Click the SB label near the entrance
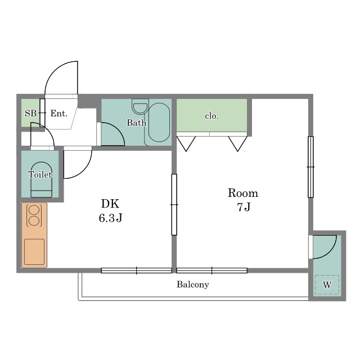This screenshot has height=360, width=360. pyautogui.click(x=30, y=113)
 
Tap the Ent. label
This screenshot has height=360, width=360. pyautogui.click(x=59, y=113)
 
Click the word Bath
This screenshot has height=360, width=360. pyautogui.click(x=136, y=123)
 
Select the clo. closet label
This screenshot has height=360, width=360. pyautogui.click(x=211, y=116)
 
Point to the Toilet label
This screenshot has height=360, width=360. pyautogui.click(x=40, y=175)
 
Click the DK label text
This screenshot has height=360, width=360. pyautogui.click(x=110, y=204)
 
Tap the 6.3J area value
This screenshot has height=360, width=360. pyautogui.click(x=110, y=218)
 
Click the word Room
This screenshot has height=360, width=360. pyautogui.click(x=243, y=193)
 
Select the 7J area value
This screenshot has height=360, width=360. pyautogui.click(x=244, y=207)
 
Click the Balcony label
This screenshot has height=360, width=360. pyautogui.click(x=193, y=285)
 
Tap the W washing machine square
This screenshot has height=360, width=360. pyautogui.click(x=327, y=285)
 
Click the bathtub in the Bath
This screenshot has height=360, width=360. pyautogui.click(x=159, y=123)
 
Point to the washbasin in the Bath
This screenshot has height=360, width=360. pyautogui.click(x=140, y=107)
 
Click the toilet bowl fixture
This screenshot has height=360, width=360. pyautogui.click(x=41, y=180)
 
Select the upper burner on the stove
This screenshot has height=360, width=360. pyautogui.click(x=34, y=209)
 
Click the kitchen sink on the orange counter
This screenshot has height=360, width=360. pyautogui.click(x=34, y=252)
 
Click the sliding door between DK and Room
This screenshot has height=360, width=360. pyautogui.click(x=174, y=205)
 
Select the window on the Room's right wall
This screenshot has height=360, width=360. pyautogui.click(x=310, y=167)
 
